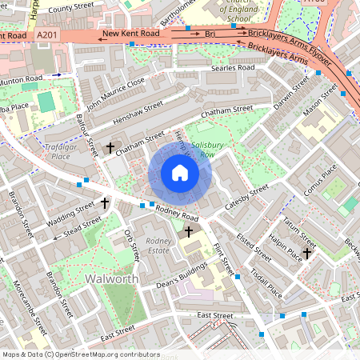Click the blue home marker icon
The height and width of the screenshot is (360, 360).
tap(180, 173)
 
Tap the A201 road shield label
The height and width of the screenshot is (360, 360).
tap(48, 36)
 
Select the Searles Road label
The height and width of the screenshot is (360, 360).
tap(233, 69)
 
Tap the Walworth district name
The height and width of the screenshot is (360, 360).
tap(111, 279)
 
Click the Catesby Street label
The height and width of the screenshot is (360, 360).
tap(246, 196)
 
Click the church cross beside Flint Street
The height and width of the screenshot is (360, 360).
tap(189, 232)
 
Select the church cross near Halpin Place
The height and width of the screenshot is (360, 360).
tap(306, 252)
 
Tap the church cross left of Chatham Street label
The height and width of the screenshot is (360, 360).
tap(109, 148)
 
